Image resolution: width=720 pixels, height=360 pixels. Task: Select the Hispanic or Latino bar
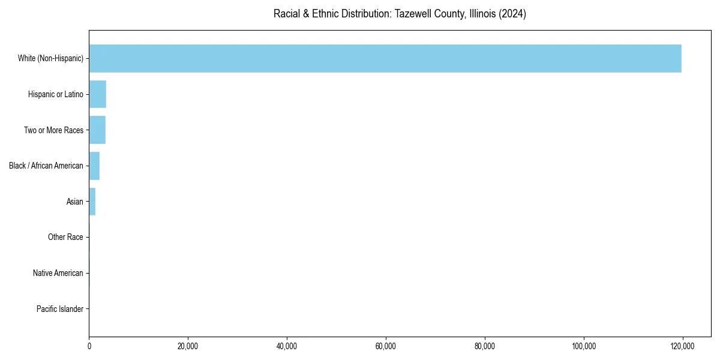97,94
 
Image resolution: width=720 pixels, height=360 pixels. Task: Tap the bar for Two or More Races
97,130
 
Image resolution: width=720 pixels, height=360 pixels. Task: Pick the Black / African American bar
94,166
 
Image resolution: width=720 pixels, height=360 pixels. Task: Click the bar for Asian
92,202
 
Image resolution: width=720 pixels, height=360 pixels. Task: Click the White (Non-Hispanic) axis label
50,58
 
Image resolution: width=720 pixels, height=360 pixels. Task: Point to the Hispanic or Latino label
55,94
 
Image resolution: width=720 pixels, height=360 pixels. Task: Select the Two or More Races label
53,130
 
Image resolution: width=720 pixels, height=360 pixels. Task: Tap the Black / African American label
46,166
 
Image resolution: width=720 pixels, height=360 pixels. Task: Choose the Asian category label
75,202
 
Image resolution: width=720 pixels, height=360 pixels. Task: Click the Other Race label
65,238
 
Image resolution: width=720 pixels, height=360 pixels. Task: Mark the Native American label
58,273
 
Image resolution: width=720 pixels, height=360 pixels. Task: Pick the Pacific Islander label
60,309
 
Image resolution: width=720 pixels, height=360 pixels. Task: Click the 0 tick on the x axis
89,346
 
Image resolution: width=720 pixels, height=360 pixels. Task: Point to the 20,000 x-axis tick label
188,346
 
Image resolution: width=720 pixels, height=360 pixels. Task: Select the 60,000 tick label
386,346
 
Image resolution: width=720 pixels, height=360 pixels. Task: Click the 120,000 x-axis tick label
682,346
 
